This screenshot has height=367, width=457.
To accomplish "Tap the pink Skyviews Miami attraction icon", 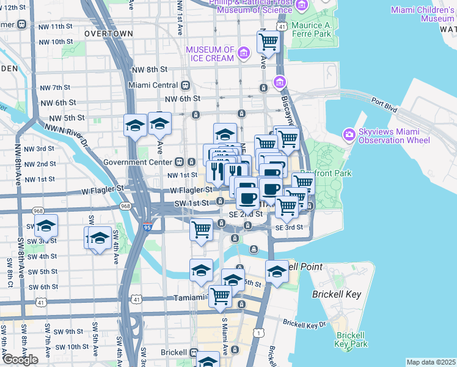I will pyautogui.click(x=349, y=134).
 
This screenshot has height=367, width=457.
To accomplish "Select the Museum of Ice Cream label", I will pyautogui.click(x=210, y=54).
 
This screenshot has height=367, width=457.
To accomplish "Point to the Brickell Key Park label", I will pyautogui.click(x=351, y=339).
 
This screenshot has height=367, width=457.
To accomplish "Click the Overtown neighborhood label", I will pyautogui.click(x=109, y=32).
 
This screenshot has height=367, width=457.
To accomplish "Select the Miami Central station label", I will pyautogui.click(x=154, y=85).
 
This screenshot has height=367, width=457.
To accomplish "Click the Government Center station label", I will pyautogui.click(x=139, y=162).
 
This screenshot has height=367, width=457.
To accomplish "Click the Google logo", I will pyautogui.click(x=20, y=360).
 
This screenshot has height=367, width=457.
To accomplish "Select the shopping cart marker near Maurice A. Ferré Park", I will pyautogui.click(x=268, y=43).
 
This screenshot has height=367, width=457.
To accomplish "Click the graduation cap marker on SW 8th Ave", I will pyautogui.click(x=46, y=226).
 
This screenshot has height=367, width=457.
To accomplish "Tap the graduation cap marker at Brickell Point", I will pyautogui.click(x=277, y=270).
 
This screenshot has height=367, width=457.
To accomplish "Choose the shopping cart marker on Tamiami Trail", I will pyautogui.click(x=221, y=296).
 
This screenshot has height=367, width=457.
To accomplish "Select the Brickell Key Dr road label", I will pyautogui.click(x=305, y=323).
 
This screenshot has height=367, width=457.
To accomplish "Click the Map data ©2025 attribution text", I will pyautogui.click(x=431, y=362).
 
